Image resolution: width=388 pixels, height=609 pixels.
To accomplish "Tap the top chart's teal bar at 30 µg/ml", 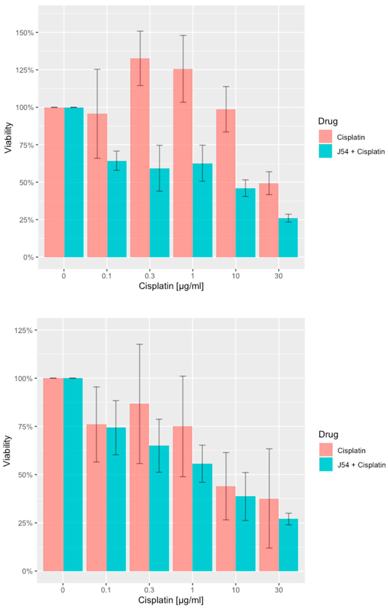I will (x=288, y=238).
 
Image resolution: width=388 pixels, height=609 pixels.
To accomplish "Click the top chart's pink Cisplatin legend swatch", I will (x=325, y=137).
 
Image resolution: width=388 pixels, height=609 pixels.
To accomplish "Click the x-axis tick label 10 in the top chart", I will (x=236, y=276).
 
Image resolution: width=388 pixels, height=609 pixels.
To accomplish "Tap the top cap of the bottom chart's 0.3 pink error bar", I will (x=139, y=344).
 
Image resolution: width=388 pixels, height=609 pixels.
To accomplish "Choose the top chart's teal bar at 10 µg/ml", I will (x=245, y=223).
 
